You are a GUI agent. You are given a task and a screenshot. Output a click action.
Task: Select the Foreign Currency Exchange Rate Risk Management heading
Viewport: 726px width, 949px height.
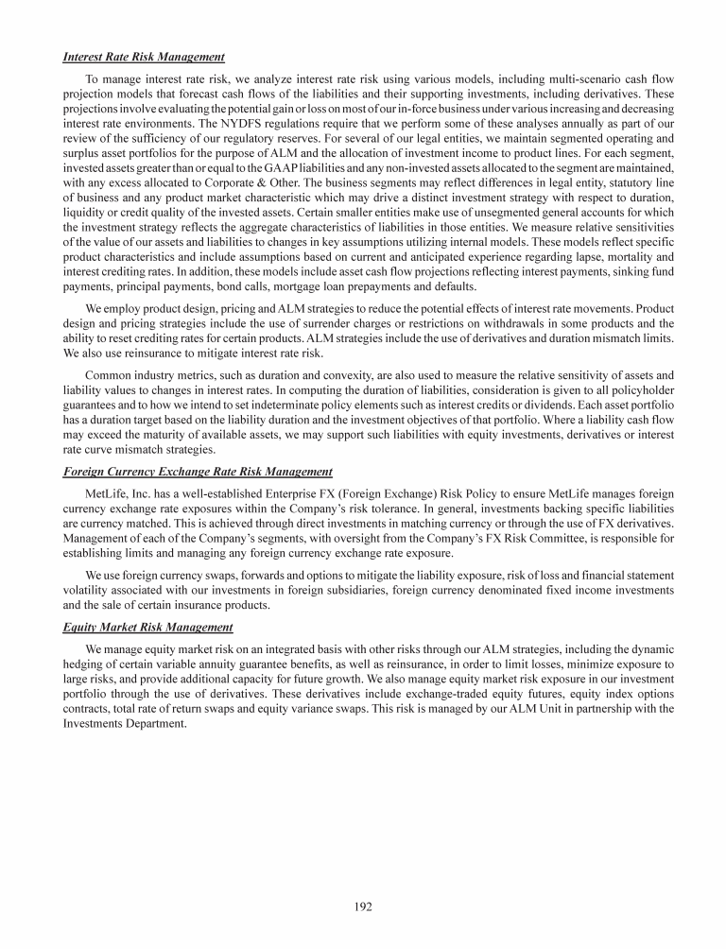click(x=198, y=472)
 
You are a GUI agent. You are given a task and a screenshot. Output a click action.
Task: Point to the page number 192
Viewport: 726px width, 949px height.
click(x=363, y=906)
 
